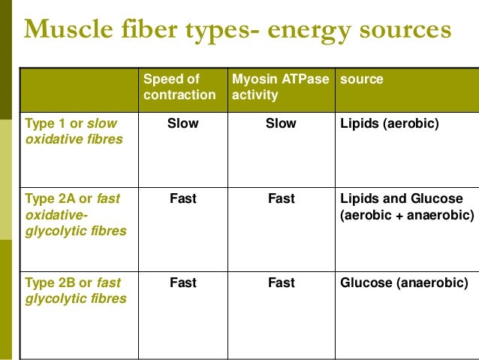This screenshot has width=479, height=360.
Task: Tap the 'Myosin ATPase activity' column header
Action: tap(281, 87)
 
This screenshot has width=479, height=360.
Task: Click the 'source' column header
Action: tap(362, 79)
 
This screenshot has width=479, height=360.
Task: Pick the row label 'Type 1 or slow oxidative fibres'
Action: tap(73, 131)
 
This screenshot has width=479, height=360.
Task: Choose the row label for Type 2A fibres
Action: tap(75, 215)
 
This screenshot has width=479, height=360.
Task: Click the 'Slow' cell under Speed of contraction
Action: tap(183, 123)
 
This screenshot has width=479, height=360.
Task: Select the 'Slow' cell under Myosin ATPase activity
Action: tap(281, 123)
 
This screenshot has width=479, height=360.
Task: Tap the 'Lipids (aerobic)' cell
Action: tap(389, 123)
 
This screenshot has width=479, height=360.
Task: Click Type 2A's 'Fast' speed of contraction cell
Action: tap(183, 199)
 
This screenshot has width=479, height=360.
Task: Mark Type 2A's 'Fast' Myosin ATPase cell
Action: tap(281, 199)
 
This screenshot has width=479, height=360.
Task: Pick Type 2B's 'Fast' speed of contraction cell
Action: tap(183, 283)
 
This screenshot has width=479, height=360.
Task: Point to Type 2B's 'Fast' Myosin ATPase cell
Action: tap(281, 283)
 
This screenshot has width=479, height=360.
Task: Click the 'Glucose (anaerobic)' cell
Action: tap(404, 283)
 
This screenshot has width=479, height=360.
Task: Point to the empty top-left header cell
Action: tap(79, 90)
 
